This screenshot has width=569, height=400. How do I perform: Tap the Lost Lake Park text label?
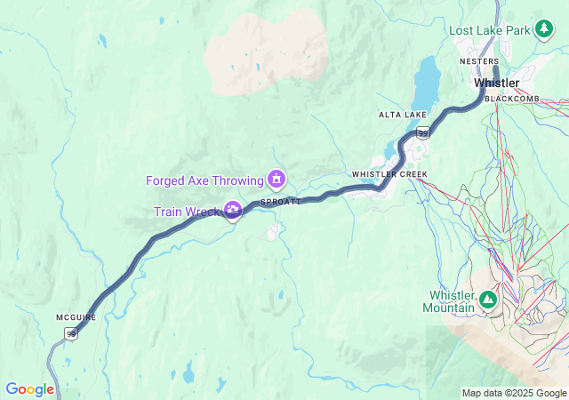[489, 30]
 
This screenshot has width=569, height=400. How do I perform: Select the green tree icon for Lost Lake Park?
[542, 30]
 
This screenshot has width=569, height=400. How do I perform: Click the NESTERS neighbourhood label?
[478, 61]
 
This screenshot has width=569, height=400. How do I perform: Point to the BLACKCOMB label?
[513, 98]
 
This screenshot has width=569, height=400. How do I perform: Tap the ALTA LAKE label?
[402, 116]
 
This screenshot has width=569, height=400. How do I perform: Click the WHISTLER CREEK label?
[389, 174]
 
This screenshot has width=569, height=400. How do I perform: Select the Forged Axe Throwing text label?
[204, 180]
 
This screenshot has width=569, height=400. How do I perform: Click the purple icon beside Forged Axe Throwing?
[276, 180]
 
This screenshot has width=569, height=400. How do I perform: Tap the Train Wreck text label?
[186, 211]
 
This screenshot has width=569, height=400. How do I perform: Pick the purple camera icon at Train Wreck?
[232, 210]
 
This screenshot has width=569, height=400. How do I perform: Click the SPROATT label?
[280, 202]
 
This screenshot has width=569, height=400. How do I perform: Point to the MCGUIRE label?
[75, 317]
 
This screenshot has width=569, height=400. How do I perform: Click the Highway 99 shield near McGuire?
[70, 333]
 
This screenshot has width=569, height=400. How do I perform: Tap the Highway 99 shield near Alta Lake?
[422, 133]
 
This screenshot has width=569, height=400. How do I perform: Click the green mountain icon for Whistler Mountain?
[487, 300]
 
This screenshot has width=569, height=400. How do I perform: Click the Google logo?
[30, 389]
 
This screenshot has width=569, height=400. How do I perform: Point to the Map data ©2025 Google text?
[514, 393]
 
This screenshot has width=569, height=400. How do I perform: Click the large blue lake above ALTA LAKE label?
[427, 82]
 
